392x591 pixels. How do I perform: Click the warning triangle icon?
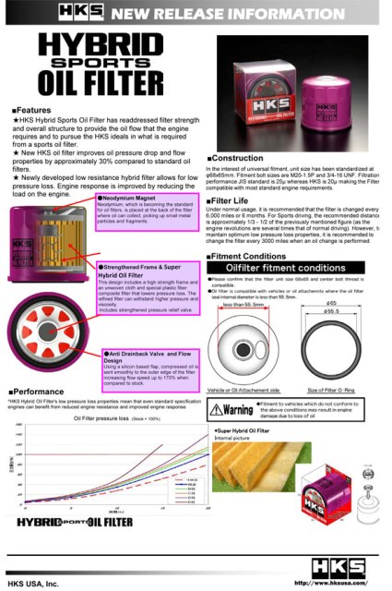coord(217,435)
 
